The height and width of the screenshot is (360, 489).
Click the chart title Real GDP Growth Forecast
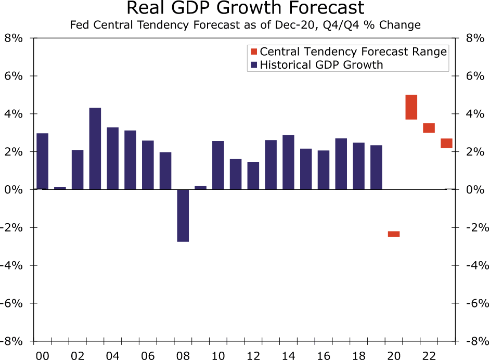click(245, 8)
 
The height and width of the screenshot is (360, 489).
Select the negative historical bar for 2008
click(183, 215)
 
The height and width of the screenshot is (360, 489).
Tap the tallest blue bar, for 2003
click(95, 148)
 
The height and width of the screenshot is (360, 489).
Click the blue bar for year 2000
click(43, 161)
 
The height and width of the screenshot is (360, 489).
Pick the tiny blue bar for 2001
click(60, 188)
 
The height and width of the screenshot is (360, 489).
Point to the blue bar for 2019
click(376, 167)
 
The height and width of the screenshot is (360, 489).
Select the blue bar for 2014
click(288, 162)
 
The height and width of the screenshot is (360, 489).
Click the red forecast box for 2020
click(394, 234)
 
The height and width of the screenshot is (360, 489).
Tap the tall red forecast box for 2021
click(411, 107)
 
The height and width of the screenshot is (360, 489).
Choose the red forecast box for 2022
click(429, 128)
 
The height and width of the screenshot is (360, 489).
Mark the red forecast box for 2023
click(446, 144)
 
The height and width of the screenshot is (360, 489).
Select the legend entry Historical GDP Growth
click(321, 65)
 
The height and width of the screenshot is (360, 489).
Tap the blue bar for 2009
click(201, 188)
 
